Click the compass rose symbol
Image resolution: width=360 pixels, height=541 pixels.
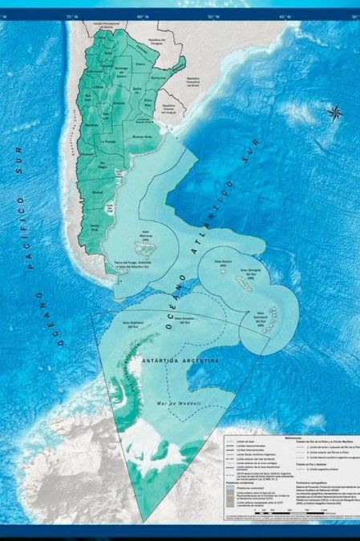[x=335, y=113]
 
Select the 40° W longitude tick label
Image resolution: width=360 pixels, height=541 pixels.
[x=283, y=16]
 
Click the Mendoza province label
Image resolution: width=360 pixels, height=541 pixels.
[x=90, y=124]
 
